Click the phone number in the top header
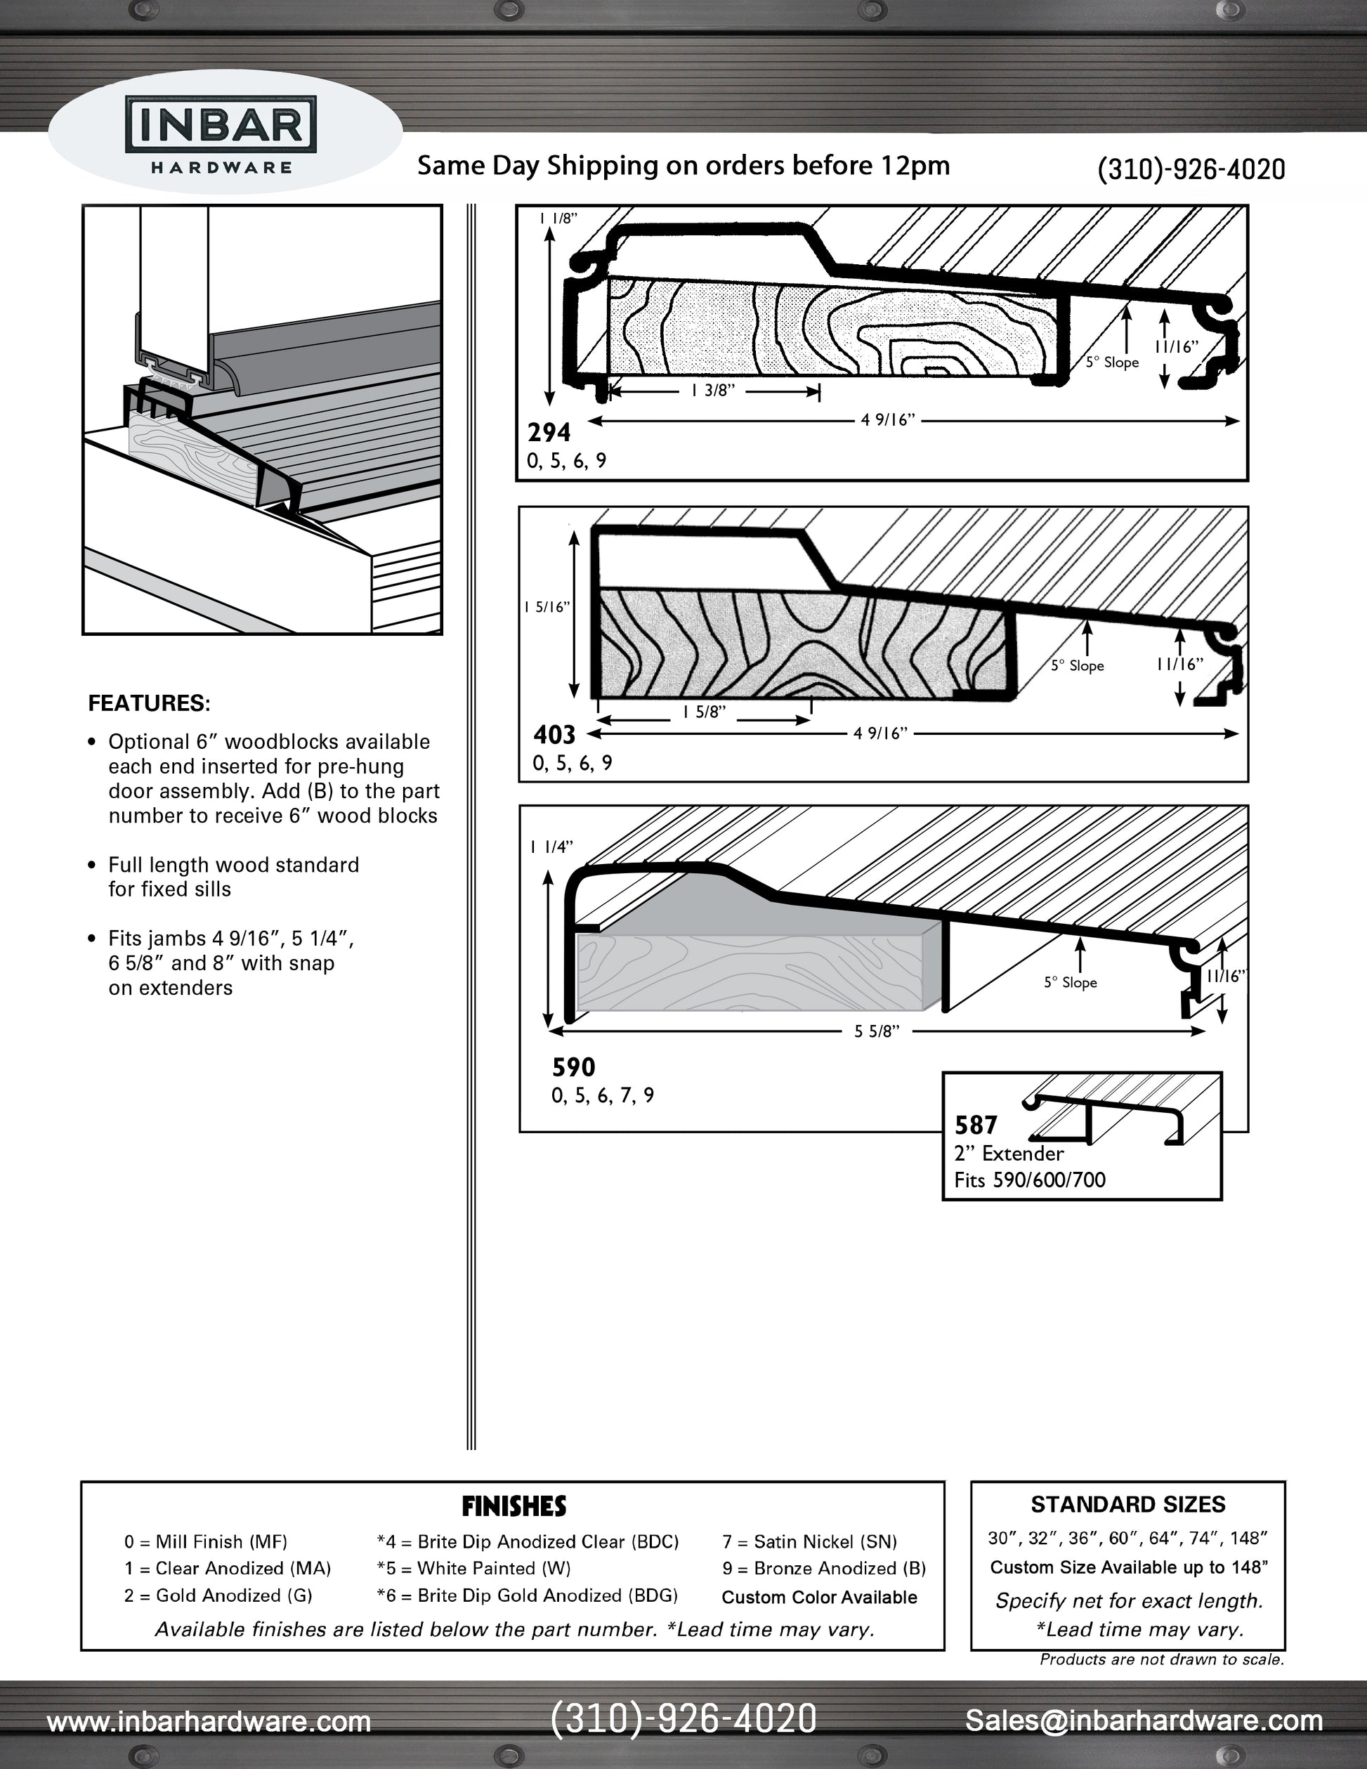[1191, 169]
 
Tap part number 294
[549, 433]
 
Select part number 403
[554, 735]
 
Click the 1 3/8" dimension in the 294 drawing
[713, 391]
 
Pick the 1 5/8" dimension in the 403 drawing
[704, 712]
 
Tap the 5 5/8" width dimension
[877, 1032]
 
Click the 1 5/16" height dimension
[548, 607]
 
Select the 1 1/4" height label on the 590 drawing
[551, 847]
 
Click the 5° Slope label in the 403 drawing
[1077, 666]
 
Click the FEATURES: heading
[149, 703]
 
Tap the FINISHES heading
[514, 1506]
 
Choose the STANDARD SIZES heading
[1127, 1505]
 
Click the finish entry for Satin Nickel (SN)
[809, 1542]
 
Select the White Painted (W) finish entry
[473, 1569]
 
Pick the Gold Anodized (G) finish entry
[218, 1595]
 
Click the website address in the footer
[209, 1721]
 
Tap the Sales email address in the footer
[1144, 1720]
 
